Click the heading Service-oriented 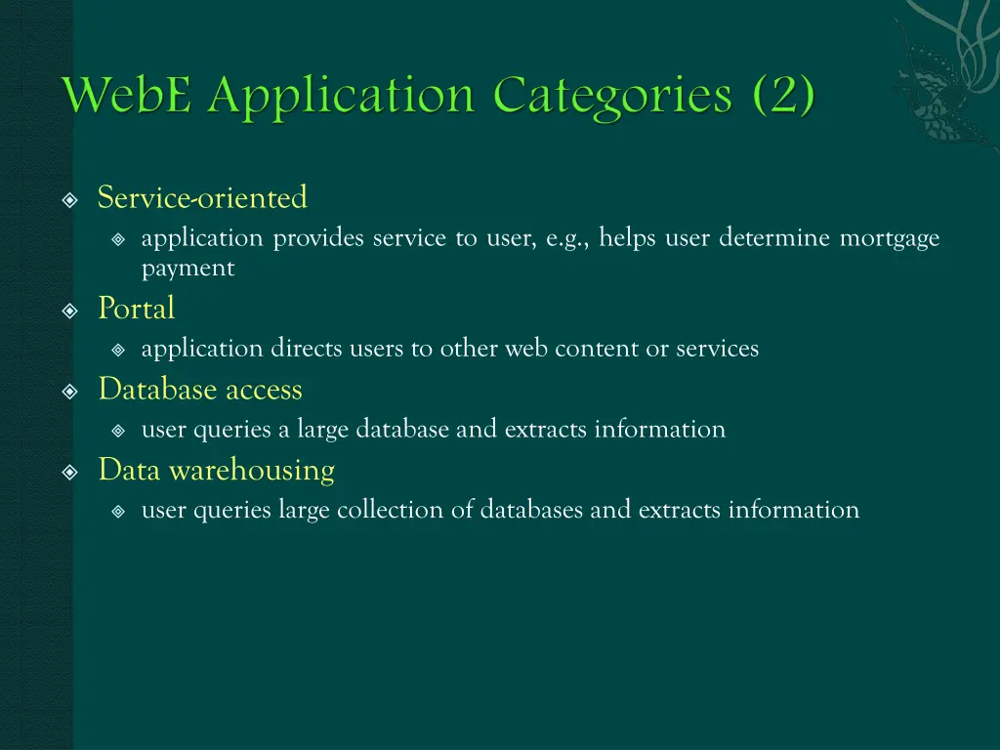coord(202,198)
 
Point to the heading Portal coord(136,310)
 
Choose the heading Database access coord(200,390)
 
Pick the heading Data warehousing coord(216,470)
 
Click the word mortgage coord(890,238)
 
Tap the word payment coord(187,269)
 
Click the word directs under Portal coord(306,349)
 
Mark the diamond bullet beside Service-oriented coord(69,201)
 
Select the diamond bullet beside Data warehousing coord(69,473)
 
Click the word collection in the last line coord(390,510)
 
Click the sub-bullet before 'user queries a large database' coord(118,431)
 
